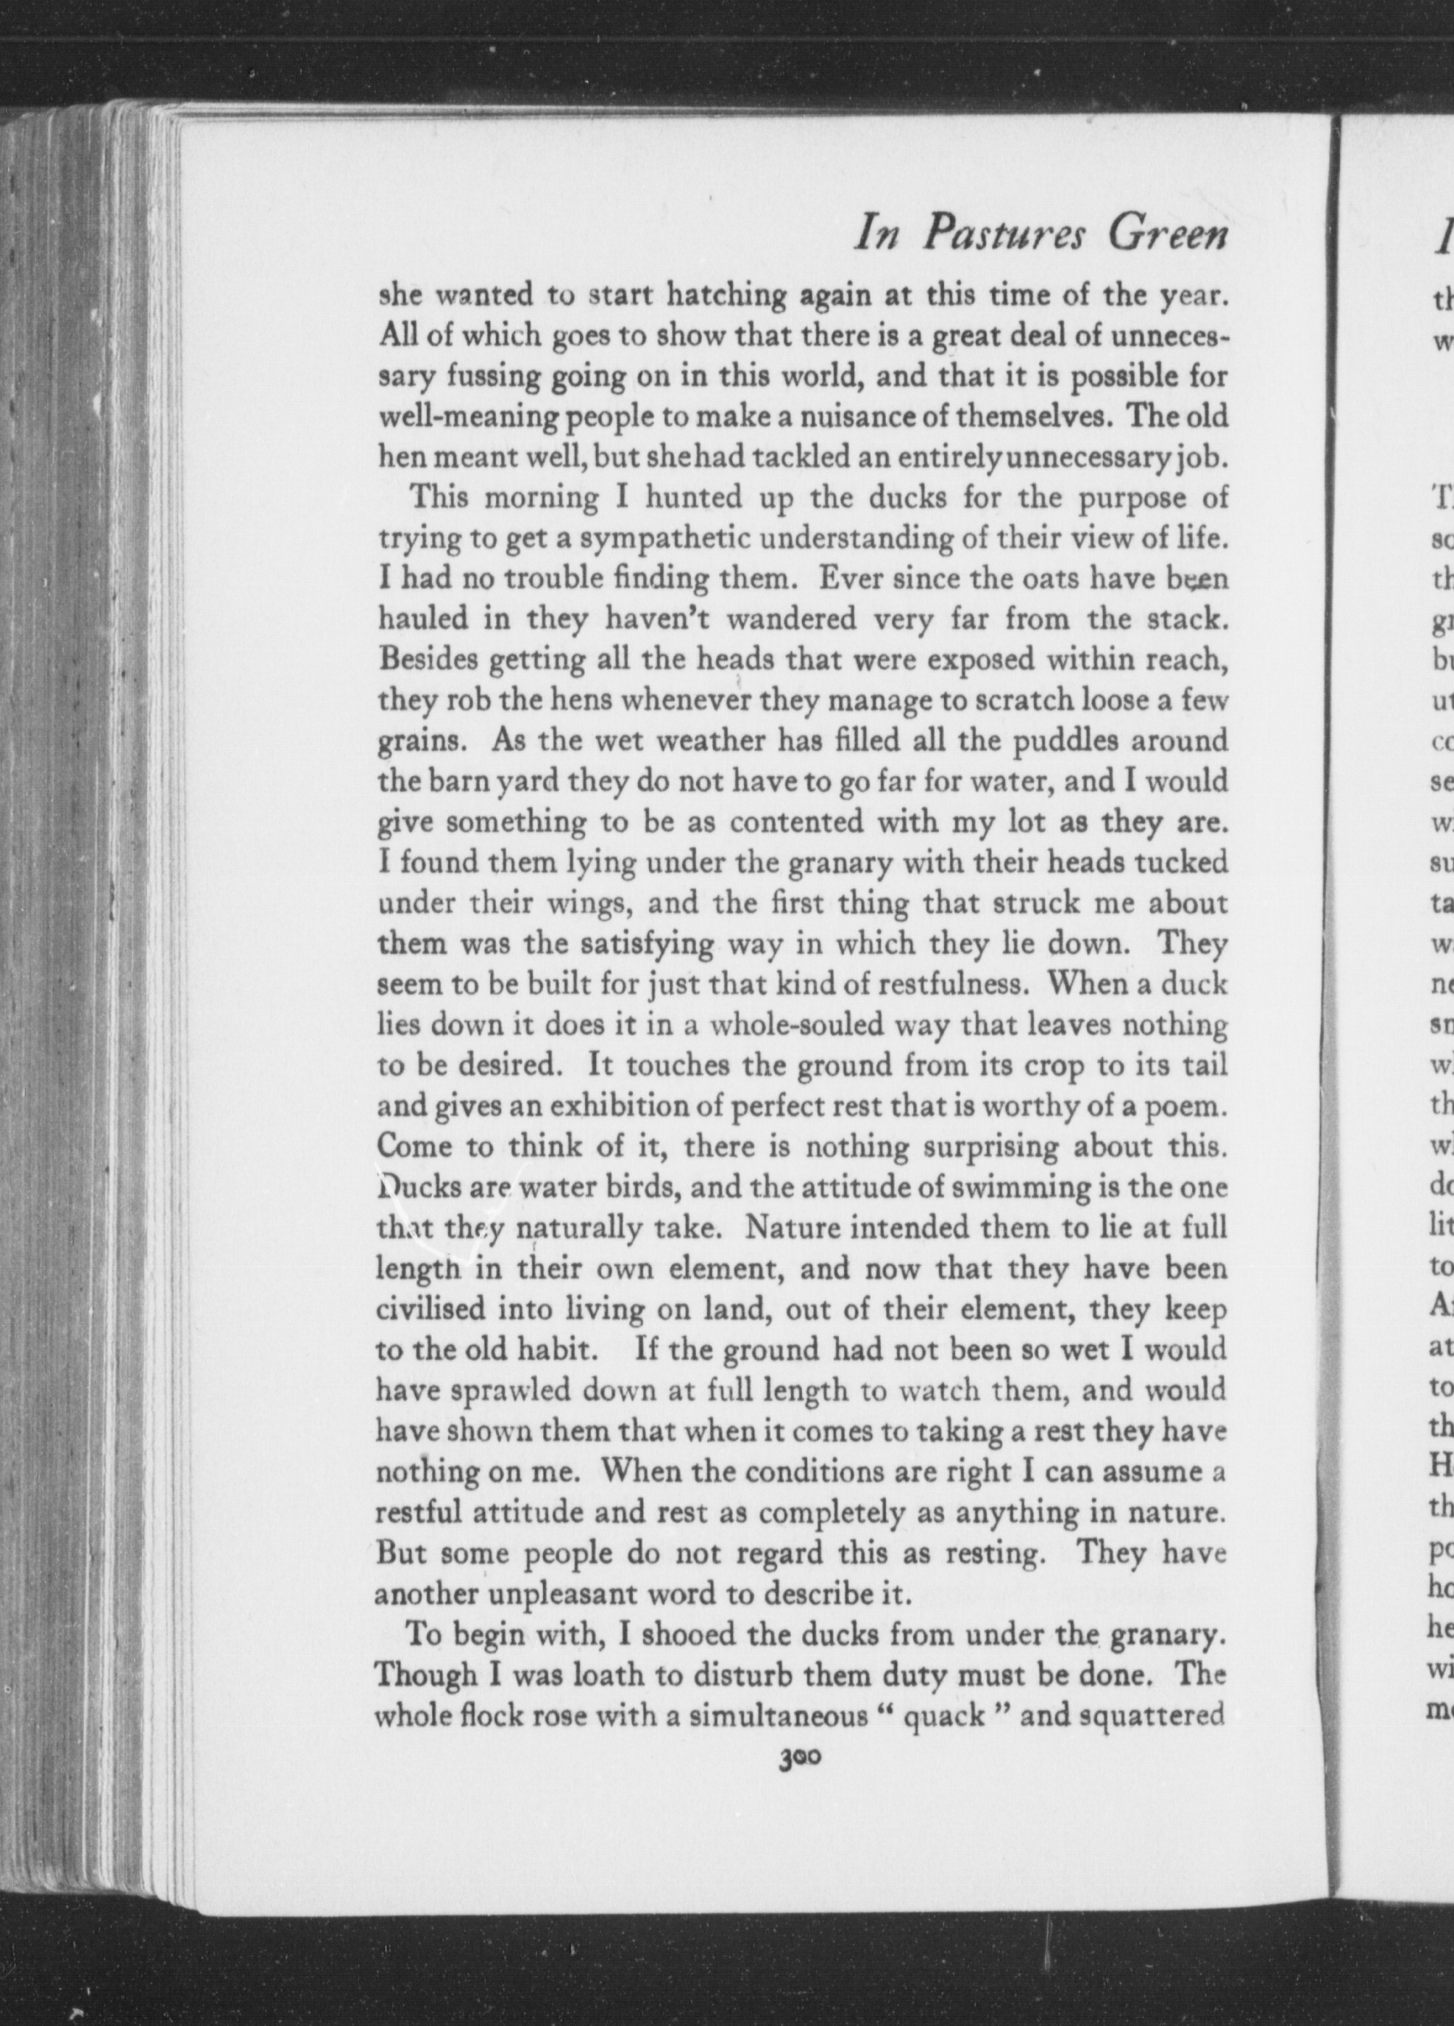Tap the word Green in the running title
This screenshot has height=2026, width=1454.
tap(1166, 235)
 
